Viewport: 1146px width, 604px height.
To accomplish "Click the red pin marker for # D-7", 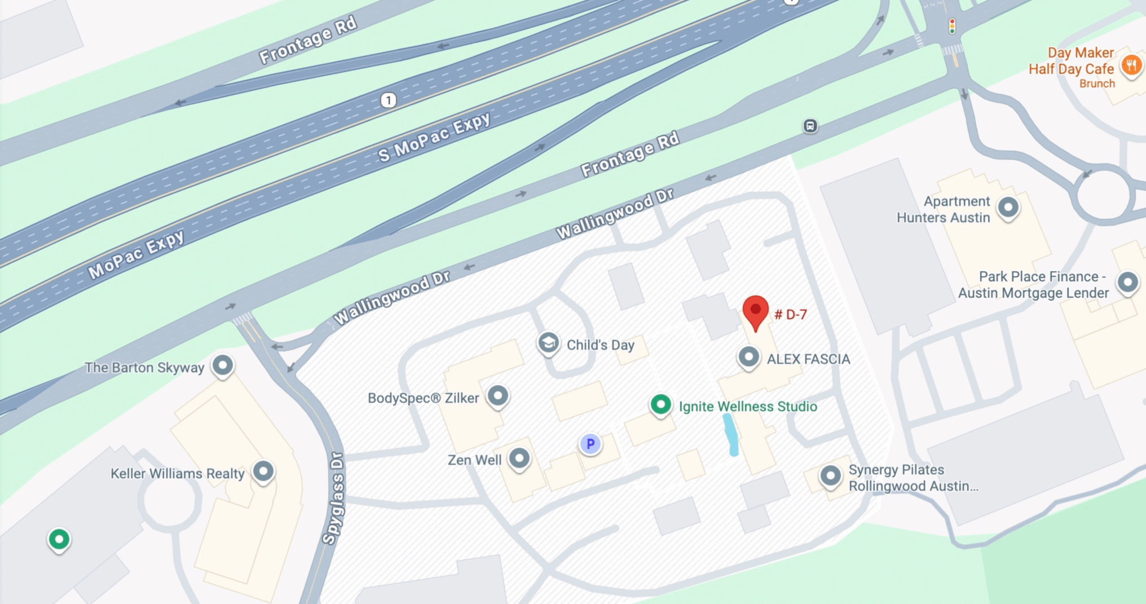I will tap(755, 311).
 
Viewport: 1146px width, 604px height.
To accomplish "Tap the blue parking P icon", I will tap(590, 444).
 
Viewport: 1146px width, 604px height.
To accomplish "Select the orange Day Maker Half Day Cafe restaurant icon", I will tap(1131, 65).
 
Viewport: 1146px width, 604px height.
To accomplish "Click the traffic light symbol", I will tap(952, 26).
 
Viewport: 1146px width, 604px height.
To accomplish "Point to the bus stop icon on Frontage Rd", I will tap(810, 126).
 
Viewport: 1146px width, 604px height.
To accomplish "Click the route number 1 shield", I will tap(388, 100).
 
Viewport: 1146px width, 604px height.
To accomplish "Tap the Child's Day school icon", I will tap(548, 342).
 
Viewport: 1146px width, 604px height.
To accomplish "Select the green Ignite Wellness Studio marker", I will tap(660, 404).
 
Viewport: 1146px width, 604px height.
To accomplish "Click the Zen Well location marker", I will tap(519, 457).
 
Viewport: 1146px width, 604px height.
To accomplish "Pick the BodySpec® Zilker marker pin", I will tap(497, 395).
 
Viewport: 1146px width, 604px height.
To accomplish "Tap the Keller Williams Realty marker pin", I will tap(263, 470).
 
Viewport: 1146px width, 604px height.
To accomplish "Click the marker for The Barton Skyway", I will tap(223, 365).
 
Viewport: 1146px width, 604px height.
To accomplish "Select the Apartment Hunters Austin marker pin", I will tap(1008, 207).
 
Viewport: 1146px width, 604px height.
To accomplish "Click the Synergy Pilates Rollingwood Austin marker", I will tap(830, 475).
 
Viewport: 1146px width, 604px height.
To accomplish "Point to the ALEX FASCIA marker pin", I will tap(748, 356).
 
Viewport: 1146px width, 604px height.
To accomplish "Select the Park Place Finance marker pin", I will tap(1127, 282).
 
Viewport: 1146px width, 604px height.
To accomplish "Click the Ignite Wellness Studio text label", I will tap(747, 407).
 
